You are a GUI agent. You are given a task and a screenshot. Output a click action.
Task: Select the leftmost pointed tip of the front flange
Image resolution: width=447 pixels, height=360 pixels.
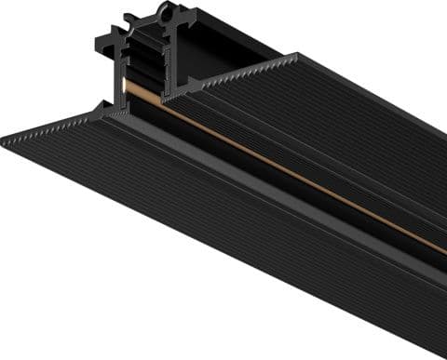click(x=4, y=140)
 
